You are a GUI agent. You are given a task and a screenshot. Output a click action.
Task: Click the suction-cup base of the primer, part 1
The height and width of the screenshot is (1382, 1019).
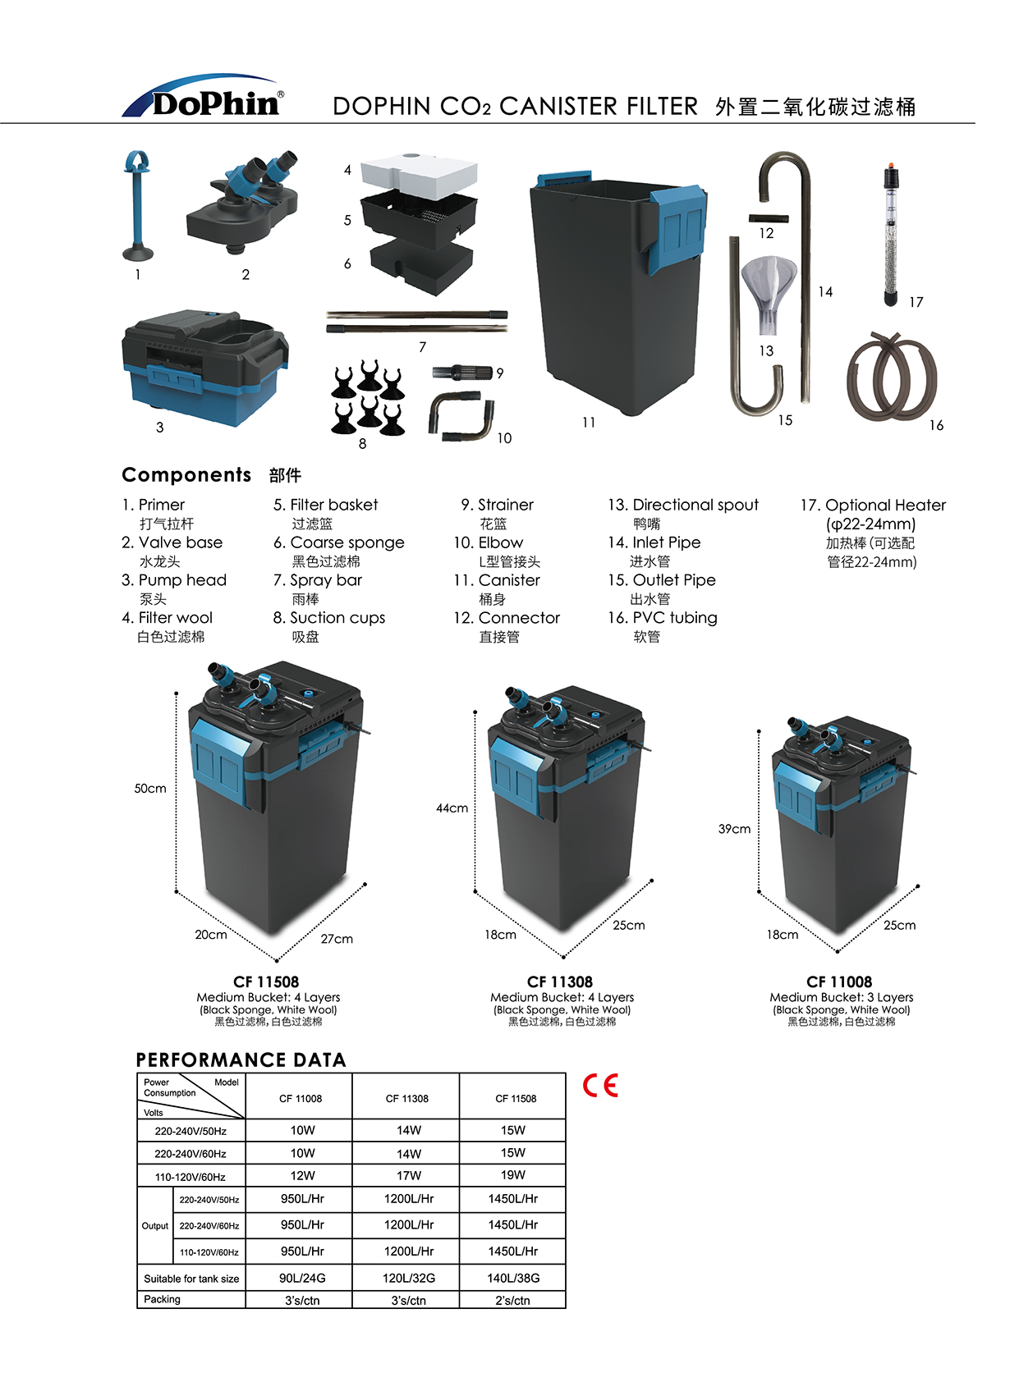tap(138, 252)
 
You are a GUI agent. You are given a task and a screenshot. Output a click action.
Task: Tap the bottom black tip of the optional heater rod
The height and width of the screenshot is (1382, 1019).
tap(891, 300)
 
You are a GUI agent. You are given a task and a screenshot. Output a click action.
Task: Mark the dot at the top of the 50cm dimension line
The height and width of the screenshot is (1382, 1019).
tap(177, 693)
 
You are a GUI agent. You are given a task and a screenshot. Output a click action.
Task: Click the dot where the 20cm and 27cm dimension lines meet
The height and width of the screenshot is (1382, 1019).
tap(277, 961)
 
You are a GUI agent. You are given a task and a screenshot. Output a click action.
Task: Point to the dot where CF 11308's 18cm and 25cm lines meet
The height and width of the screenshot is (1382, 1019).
tap(563, 957)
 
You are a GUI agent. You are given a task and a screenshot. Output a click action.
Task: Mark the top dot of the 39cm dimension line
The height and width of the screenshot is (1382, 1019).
tap(759, 732)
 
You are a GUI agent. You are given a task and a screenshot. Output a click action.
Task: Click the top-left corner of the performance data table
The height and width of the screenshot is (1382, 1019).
tap(137, 1073)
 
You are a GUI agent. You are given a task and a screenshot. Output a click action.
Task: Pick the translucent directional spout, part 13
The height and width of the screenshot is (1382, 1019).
tap(769, 294)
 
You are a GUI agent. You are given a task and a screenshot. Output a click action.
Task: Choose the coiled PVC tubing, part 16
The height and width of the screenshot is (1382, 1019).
tap(892, 377)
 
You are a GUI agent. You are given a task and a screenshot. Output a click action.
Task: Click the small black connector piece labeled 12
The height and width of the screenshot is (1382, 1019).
tap(769, 218)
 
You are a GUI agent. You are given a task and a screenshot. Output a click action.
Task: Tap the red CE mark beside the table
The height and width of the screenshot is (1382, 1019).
tap(600, 1085)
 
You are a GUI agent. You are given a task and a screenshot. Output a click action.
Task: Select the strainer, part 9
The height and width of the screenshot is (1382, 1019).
tap(461, 373)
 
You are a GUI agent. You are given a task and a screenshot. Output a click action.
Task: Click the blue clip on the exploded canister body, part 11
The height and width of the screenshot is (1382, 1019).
tap(678, 227)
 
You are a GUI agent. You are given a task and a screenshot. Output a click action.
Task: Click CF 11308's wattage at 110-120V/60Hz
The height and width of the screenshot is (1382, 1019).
tap(409, 1175)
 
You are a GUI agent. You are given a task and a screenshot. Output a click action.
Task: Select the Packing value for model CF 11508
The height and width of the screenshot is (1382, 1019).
tap(512, 1300)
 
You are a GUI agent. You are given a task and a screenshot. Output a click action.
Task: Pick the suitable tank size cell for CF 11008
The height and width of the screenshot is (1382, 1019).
tap(302, 1278)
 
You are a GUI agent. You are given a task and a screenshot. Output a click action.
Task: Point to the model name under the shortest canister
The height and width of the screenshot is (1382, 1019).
tap(839, 982)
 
